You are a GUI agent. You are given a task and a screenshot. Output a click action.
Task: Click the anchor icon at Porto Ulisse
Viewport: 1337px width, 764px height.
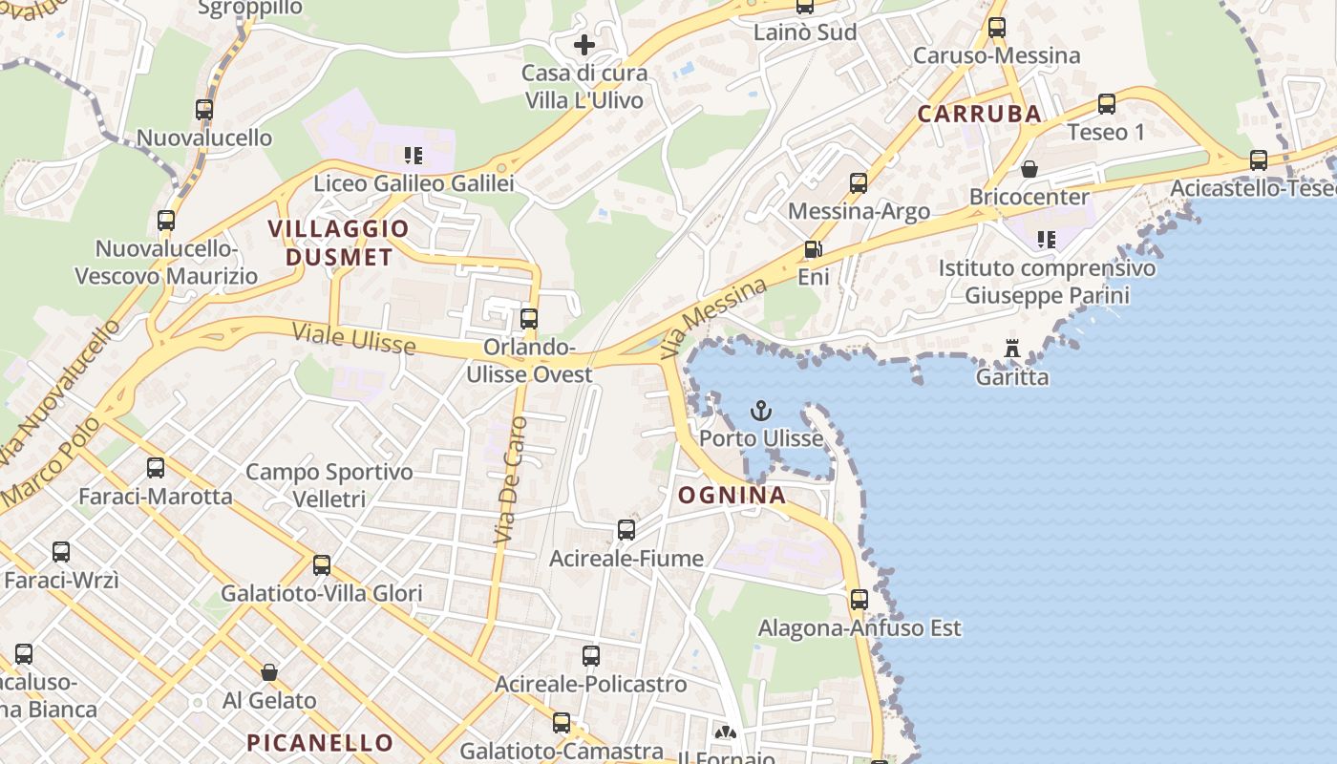pos(761,411)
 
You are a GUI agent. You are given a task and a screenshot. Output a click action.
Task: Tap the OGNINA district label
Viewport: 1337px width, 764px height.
pos(732,495)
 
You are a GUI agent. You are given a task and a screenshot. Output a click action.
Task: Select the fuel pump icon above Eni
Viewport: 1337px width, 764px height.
pos(813,250)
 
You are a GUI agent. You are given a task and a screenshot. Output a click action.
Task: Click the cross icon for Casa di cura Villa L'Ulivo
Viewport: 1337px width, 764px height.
pos(584,44)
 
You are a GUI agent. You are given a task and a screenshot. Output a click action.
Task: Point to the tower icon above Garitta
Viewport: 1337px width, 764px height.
pos(1012,349)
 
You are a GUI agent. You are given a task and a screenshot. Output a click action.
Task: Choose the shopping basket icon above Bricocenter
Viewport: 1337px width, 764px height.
pos(1029,169)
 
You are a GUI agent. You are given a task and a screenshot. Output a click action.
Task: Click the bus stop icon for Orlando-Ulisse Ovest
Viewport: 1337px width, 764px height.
pos(529,319)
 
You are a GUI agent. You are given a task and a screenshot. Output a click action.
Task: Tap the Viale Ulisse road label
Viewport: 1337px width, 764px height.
pos(354,339)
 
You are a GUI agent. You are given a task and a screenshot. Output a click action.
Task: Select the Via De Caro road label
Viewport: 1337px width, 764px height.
pos(511,480)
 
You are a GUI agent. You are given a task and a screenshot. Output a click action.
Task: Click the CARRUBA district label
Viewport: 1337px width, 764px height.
pos(979,114)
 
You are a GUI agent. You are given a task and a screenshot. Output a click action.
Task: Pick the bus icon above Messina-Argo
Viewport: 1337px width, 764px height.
pos(859,183)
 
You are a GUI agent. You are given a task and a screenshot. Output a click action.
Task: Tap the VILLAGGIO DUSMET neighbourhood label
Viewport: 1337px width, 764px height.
pos(338,243)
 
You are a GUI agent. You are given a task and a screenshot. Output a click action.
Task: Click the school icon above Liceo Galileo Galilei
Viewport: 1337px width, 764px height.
pos(414,155)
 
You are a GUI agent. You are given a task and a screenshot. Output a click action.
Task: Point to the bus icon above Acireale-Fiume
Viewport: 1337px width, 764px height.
pos(626,530)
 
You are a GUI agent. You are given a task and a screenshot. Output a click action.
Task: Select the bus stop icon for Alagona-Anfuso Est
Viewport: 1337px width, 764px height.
pos(859,600)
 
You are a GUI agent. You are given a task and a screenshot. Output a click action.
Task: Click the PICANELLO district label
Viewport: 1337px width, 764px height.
pos(320,742)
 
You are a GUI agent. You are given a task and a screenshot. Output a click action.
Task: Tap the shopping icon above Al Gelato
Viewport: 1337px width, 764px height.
pos(269,672)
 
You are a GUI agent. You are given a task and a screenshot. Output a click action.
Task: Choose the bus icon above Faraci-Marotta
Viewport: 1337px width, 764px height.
pos(156,468)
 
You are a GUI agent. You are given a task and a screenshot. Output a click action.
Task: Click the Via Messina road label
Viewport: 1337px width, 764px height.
pos(725,318)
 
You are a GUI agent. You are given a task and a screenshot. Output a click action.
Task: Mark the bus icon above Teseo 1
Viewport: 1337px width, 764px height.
pos(1106,104)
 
